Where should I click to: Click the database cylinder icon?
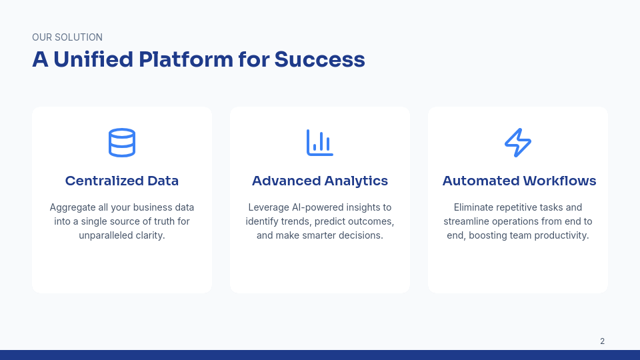pyautogui.click(x=122, y=143)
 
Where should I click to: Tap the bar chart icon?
pyautogui.click(x=320, y=143)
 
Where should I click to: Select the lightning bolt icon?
pyautogui.click(x=518, y=143)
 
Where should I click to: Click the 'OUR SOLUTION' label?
pyautogui.click(x=67, y=37)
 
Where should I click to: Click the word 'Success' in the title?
pyautogui.click(x=319, y=60)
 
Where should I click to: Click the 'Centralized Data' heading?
pyautogui.click(x=122, y=181)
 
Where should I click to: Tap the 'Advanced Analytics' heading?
pyautogui.click(x=320, y=181)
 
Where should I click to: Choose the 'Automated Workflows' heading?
pyautogui.click(x=519, y=181)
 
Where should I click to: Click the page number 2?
pyautogui.click(x=602, y=341)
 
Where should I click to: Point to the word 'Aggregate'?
pyautogui.click(x=72, y=207)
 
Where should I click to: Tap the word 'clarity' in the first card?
pyautogui.click(x=149, y=235)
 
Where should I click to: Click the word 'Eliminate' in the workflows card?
pyautogui.click(x=474, y=207)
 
